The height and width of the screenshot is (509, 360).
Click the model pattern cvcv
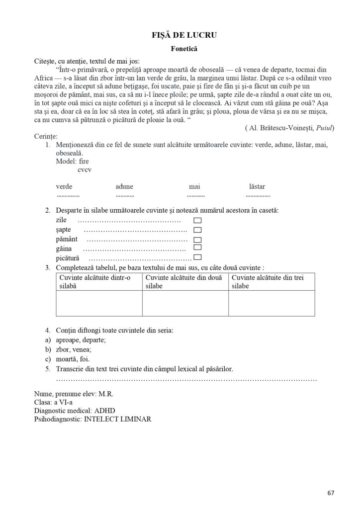coord(85,170)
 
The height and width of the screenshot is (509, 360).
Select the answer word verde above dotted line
coord(64,187)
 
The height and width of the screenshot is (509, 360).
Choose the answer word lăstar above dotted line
coord(257,187)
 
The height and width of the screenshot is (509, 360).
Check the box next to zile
coord(197,220)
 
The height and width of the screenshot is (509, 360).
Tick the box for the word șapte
coord(197,230)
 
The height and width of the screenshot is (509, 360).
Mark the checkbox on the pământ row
coord(197,239)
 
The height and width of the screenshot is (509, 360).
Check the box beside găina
coord(197,248)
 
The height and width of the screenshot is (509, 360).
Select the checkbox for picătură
coord(197,257)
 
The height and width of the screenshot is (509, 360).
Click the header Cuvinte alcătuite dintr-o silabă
coord(98,282)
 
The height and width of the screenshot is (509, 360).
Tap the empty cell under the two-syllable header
coord(185,303)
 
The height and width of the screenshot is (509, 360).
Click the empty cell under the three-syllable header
coord(271,303)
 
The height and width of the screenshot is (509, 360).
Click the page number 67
coord(331,493)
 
